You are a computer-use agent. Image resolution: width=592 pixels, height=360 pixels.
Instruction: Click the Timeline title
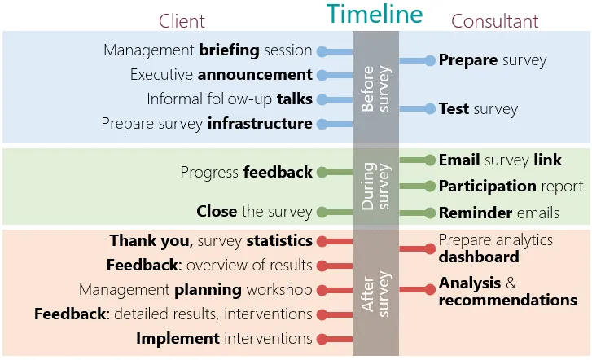click(x=375, y=14)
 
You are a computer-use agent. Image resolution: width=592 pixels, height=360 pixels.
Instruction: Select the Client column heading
click(x=182, y=20)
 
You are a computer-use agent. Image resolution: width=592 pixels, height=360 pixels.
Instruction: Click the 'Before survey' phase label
click(x=375, y=88)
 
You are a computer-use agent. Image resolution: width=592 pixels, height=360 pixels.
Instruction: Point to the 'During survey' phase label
click(x=375, y=187)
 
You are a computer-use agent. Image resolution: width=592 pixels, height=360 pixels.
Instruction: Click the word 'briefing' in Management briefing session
click(x=229, y=50)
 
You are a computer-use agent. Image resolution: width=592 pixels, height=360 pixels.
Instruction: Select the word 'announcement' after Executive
click(x=255, y=75)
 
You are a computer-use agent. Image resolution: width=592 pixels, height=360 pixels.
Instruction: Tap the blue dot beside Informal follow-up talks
click(x=322, y=99)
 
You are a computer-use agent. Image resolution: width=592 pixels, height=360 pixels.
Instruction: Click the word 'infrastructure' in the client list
click(x=260, y=124)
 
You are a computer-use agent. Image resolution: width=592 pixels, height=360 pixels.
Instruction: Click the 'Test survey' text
click(x=477, y=108)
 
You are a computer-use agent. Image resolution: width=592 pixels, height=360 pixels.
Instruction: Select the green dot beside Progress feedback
click(x=322, y=172)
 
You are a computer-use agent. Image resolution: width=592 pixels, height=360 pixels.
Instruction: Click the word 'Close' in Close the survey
click(x=217, y=212)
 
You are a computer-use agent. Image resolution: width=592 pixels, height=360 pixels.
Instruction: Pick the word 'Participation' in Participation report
click(x=487, y=187)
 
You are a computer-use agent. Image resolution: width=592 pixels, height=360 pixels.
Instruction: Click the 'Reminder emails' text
click(x=498, y=213)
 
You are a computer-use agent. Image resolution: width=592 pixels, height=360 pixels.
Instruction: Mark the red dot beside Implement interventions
click(x=322, y=339)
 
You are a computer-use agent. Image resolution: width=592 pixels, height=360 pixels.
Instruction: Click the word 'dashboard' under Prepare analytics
click(x=478, y=257)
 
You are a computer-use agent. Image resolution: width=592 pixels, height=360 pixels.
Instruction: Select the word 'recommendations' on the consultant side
click(x=507, y=301)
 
